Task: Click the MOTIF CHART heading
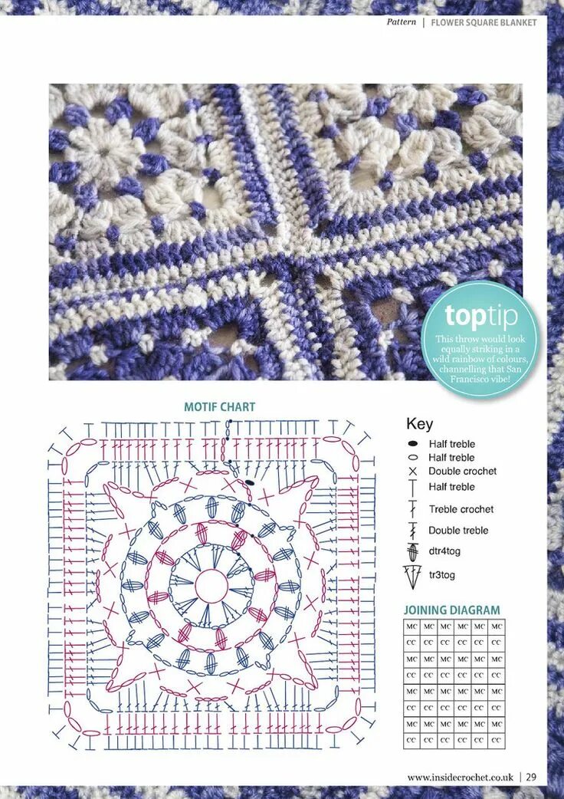(219, 407)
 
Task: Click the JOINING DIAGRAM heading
(452, 610)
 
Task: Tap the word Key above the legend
(419, 424)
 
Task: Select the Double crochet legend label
(462, 472)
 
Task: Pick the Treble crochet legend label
(461, 509)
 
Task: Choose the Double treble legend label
(457, 531)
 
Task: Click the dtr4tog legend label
(444, 551)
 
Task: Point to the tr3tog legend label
(442, 574)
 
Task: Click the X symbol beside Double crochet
(412, 472)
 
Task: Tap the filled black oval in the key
(412, 444)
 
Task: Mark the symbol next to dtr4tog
(412, 551)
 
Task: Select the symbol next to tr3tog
(412, 574)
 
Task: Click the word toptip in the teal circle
(480, 316)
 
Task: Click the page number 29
(531, 777)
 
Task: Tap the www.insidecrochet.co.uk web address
(460, 777)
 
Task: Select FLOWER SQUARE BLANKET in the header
(484, 22)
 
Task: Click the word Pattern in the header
(402, 22)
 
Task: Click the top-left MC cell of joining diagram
(412, 626)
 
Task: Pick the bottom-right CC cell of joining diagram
(497, 741)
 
